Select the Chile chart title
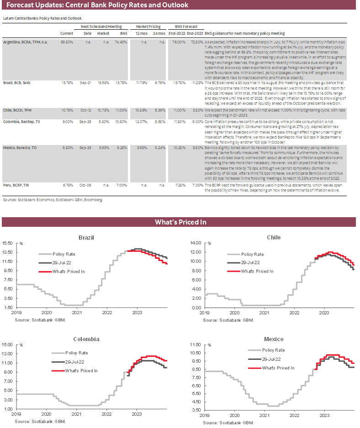click(274, 237)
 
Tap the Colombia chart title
click(86, 339)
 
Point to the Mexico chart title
click(274, 339)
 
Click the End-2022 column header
click(176, 34)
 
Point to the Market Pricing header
click(150, 27)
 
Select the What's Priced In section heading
click(180, 222)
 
